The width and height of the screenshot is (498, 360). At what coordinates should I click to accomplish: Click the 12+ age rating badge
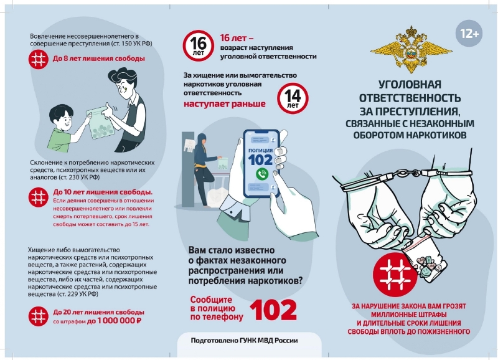point(469,34)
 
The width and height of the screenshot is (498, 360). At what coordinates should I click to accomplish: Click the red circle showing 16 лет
point(198,46)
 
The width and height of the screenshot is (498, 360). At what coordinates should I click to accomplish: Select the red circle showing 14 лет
point(293,98)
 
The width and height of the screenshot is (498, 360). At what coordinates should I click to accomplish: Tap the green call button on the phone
point(262,174)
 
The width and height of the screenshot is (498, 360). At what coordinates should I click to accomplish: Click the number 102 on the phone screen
point(260,159)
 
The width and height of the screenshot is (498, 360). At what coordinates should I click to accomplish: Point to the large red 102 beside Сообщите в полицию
point(273,309)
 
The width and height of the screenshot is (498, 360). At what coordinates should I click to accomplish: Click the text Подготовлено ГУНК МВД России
point(244,341)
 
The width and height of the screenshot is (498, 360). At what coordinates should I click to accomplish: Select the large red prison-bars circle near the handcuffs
point(395,275)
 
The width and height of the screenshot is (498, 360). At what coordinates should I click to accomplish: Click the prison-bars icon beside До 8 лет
point(39,59)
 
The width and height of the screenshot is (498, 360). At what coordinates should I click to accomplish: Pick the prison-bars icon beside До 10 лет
point(39,197)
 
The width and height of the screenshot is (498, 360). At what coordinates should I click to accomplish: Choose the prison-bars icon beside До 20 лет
point(39,316)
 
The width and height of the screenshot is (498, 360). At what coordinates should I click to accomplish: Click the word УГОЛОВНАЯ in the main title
point(410,85)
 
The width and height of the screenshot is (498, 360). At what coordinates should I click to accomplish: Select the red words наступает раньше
point(225,104)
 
